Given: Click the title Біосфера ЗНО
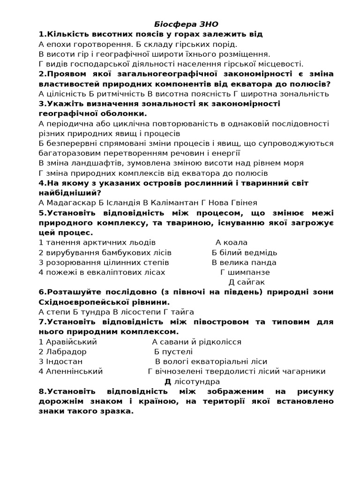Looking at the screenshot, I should [187, 24].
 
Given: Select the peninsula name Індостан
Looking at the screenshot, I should [64, 361].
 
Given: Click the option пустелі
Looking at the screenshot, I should [178, 352].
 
